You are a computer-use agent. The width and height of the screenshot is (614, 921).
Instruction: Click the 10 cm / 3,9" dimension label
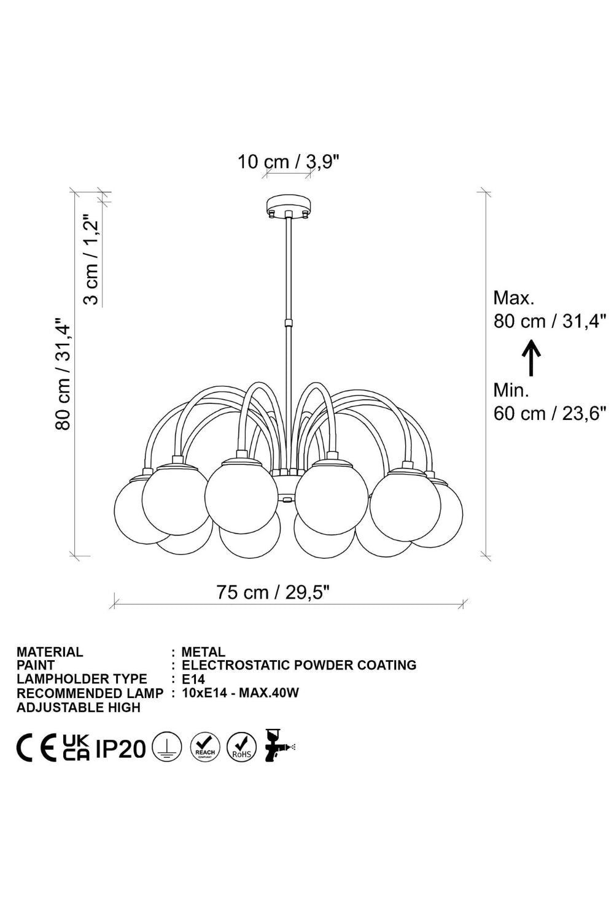click(289, 162)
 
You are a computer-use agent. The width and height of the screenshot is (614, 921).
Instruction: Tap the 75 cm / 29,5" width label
click(273, 592)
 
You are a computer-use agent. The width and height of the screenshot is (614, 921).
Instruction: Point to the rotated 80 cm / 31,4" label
click(63, 373)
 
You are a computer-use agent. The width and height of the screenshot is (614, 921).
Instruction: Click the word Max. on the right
click(514, 298)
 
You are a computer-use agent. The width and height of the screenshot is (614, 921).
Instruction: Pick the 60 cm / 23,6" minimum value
click(550, 413)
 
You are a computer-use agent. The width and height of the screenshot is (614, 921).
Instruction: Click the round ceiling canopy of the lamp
click(289, 205)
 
